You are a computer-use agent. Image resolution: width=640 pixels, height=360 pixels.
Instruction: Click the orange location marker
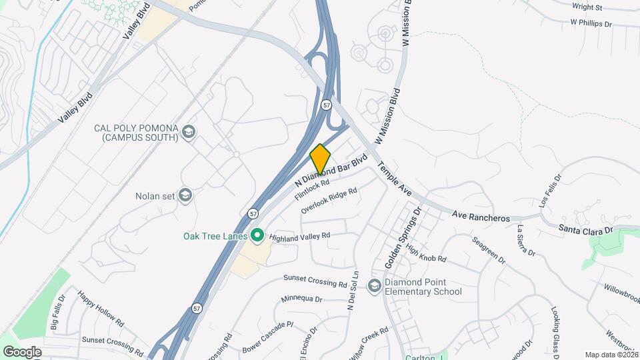point(320,159)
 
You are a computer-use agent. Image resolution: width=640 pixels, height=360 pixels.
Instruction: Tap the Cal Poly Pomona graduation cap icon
point(189,131)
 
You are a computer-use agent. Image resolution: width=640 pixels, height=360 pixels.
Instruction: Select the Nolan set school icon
point(185,195)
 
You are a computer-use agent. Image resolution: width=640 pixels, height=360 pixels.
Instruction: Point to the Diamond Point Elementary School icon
point(375,286)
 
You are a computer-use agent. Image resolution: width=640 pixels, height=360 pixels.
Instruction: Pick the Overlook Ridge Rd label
point(329,200)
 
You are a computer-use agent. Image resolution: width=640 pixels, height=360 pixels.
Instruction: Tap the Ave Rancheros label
point(481,217)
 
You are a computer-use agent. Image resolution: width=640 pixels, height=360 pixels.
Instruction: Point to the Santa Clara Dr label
point(585,229)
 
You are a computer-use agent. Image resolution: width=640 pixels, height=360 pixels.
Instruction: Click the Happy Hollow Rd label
point(101,308)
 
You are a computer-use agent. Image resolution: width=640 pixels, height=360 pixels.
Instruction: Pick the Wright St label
point(586,8)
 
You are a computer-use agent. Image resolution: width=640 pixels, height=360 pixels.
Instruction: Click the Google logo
point(22,351)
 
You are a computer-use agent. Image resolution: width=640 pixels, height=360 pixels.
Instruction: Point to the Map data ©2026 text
point(611,355)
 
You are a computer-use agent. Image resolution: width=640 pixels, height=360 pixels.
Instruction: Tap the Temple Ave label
point(395,179)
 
